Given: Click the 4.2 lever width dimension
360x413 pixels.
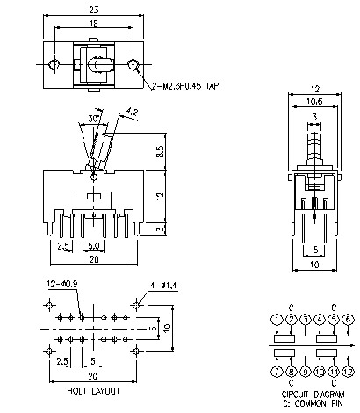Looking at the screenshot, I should (132, 112).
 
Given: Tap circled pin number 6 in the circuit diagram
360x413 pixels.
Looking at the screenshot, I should (349, 319).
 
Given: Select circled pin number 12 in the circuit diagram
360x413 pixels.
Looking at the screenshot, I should (349, 373).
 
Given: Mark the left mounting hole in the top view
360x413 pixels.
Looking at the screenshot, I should (54, 64).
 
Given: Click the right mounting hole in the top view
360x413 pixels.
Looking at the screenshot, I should (133, 64).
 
